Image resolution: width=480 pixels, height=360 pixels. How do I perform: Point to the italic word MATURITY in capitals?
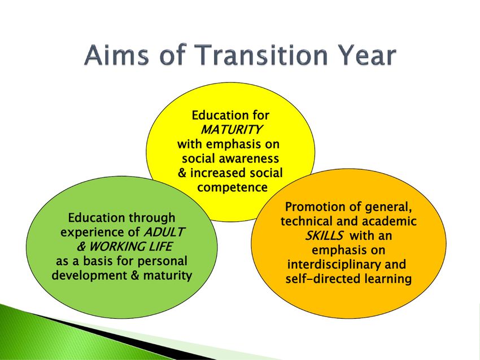(x=230, y=130)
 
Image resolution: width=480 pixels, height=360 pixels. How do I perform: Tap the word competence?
(x=232, y=187)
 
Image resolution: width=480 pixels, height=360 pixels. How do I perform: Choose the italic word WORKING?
(x=117, y=247)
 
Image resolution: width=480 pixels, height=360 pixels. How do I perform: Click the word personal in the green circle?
(x=162, y=261)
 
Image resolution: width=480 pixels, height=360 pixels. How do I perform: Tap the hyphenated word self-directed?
(x=323, y=279)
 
